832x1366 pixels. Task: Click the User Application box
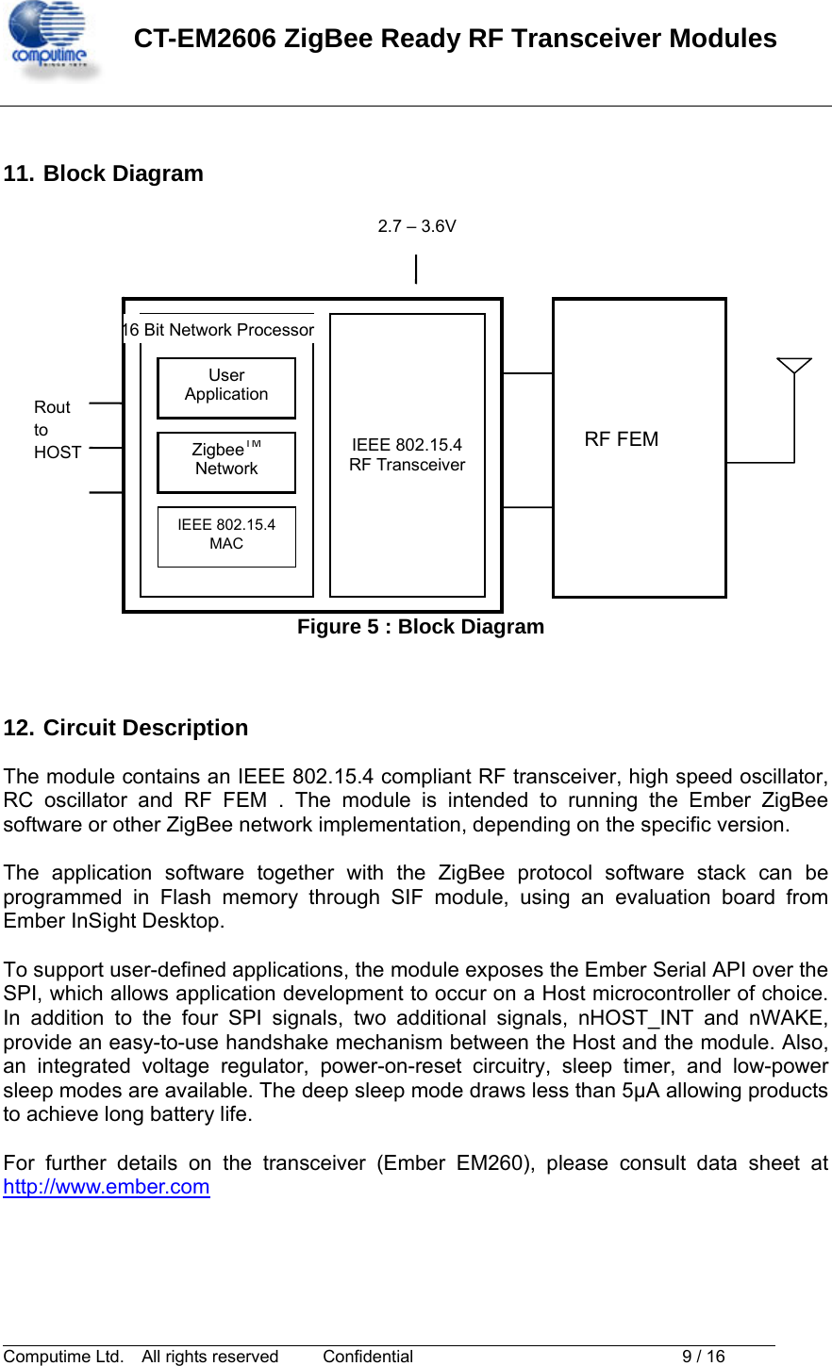point(226,387)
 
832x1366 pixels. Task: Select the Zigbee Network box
point(226,462)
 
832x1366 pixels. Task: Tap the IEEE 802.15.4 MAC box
point(226,536)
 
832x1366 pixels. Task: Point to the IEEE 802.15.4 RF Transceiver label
point(407,454)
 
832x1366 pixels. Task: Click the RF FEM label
point(621,439)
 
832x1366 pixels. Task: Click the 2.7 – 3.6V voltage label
point(417,226)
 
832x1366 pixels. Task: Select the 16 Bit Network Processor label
point(219,330)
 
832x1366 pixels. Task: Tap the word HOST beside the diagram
point(58,453)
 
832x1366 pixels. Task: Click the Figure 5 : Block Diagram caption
point(421,627)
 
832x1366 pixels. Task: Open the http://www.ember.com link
point(107,1187)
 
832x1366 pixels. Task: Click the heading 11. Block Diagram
point(104,173)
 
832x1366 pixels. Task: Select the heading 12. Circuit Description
point(126,728)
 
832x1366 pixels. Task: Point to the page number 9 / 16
point(703,1357)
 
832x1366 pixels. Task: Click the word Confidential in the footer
point(368,1357)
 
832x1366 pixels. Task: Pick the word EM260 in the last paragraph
point(491,1163)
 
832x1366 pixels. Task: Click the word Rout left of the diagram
point(52,407)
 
